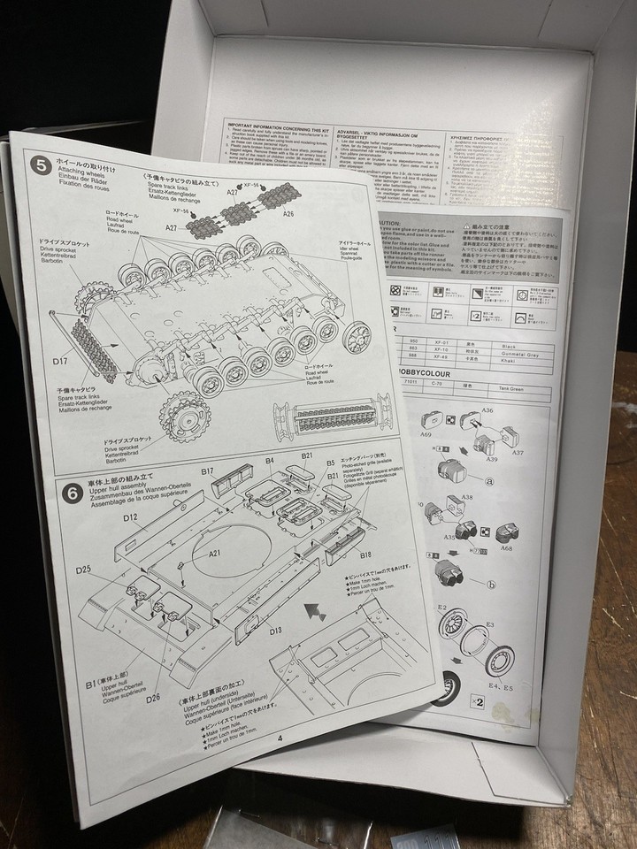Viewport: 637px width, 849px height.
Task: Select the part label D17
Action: [61, 361]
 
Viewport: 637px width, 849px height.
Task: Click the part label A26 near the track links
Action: [288, 212]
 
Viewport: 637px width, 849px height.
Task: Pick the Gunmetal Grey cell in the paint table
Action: [534, 337]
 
